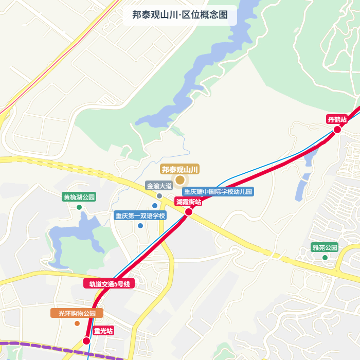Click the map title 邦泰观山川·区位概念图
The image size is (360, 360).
pyautogui.click(x=179, y=15)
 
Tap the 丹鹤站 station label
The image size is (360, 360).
pyautogui.click(x=337, y=119)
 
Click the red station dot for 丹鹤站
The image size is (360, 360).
pyautogui.click(x=337, y=130)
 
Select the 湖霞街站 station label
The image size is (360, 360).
pyautogui.click(x=188, y=202)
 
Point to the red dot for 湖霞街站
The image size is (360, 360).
pyautogui.click(x=189, y=211)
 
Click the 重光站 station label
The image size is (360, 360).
pyautogui.click(x=103, y=331)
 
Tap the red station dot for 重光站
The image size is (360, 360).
pyautogui.click(x=86, y=340)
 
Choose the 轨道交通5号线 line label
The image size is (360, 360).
pyautogui.click(x=109, y=284)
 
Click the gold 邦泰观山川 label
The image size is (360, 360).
pyautogui.click(x=180, y=169)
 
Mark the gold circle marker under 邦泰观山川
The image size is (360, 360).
pyautogui.click(x=180, y=180)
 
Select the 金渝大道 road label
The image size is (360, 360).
pyautogui.click(x=159, y=186)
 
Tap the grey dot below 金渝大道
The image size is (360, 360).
pyautogui.click(x=159, y=196)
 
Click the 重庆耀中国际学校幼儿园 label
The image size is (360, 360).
pyautogui.click(x=218, y=192)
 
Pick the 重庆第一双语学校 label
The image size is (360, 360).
pyautogui.click(x=140, y=215)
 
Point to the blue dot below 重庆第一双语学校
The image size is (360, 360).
pyautogui.click(x=140, y=225)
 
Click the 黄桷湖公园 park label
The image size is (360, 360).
pyautogui.click(x=79, y=197)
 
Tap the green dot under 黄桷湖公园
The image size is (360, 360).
pyautogui.click(x=79, y=207)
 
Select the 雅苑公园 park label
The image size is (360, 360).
pyautogui.click(x=325, y=247)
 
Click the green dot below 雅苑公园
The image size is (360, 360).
pyautogui.click(x=325, y=257)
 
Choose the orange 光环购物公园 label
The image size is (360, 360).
pyautogui.click(x=77, y=313)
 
